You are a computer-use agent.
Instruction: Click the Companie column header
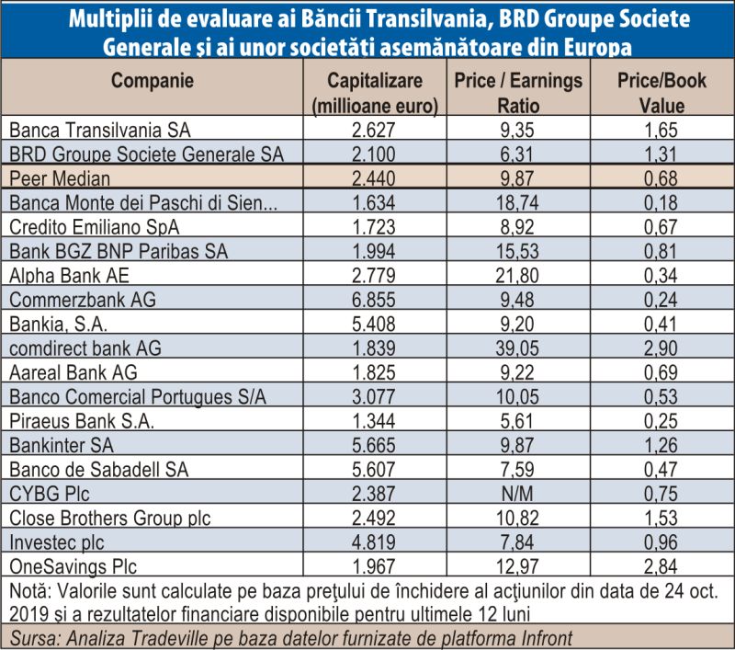click(153, 81)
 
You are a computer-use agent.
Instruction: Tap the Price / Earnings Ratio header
click(518, 93)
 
